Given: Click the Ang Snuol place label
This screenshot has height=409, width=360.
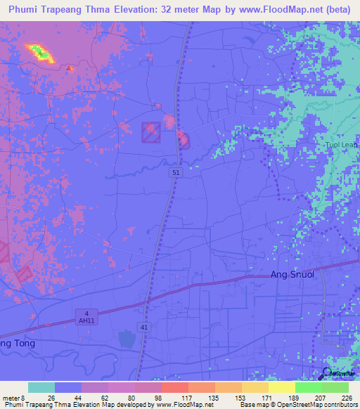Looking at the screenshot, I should point(295,275).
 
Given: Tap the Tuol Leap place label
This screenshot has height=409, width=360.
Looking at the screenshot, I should point(341,145).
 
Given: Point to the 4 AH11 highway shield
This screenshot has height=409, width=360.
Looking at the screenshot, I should point(84,316).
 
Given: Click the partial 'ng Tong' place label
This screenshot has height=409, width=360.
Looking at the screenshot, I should point(17,344).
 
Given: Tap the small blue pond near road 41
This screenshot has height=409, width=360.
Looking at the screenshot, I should point(127,339).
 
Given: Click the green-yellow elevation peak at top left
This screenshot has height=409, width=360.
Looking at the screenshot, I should point(39,52).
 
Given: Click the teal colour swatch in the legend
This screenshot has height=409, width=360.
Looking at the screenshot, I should point(41,387).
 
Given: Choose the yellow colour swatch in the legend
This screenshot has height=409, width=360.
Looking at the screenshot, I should point(281,387).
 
